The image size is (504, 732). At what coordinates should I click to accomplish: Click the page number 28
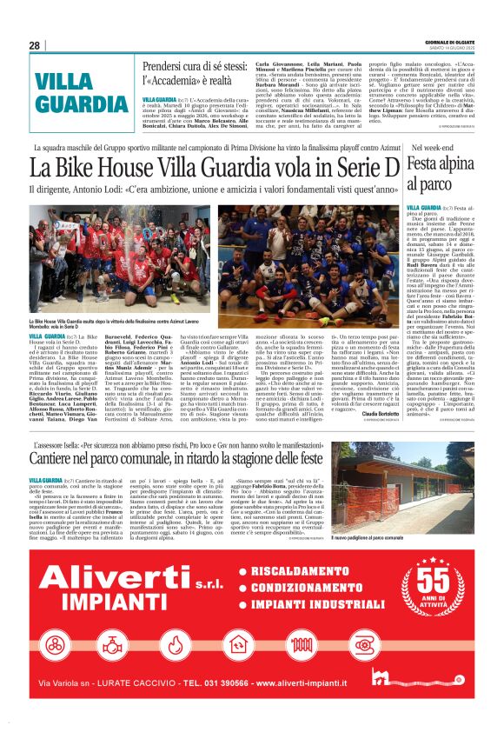[x=35, y=45]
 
